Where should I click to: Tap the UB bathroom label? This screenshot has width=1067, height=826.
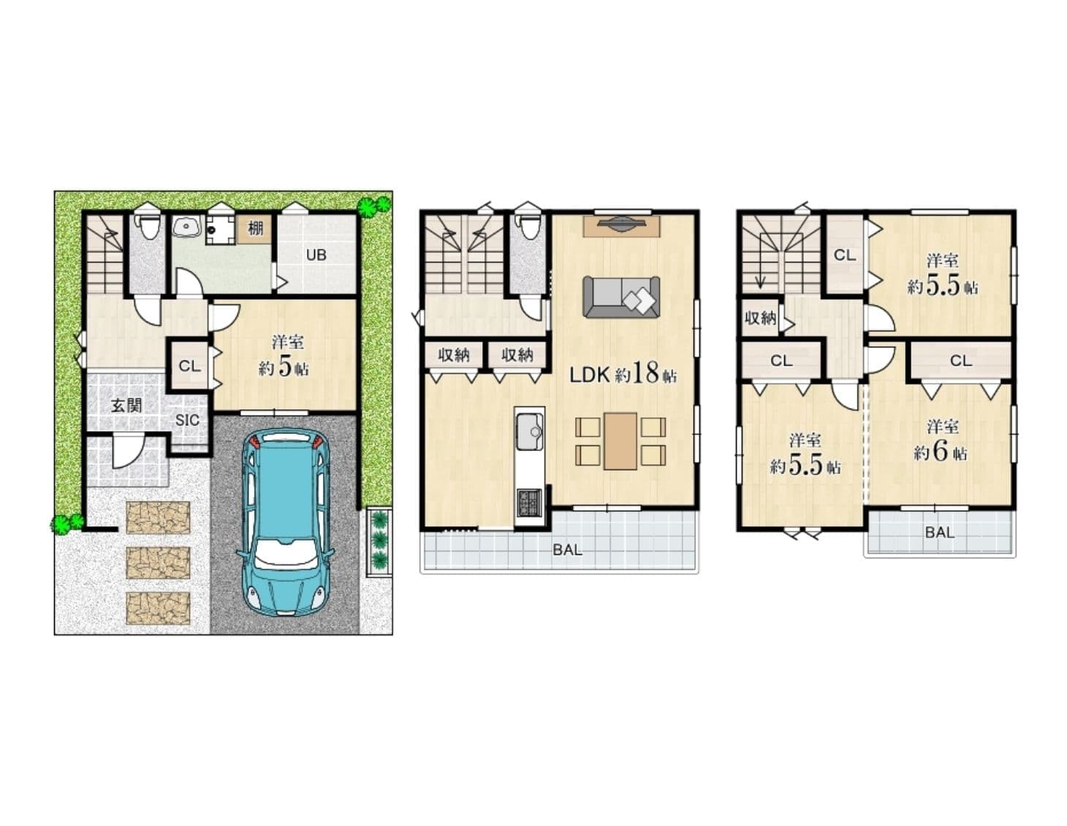316,255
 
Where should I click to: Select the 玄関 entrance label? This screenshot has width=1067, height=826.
126,405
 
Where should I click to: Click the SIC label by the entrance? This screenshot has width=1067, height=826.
188,420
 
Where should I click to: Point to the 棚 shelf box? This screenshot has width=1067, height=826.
255,229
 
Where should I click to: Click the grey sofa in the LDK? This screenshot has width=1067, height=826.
620,297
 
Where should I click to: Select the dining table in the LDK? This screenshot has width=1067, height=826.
620,441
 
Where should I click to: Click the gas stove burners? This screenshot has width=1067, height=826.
529,502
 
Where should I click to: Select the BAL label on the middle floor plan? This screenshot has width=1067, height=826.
567,550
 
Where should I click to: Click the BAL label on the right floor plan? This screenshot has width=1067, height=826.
939,532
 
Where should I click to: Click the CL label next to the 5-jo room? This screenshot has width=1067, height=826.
189,366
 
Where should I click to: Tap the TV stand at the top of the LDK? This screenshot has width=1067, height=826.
621,225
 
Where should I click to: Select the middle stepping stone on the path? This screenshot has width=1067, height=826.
158,563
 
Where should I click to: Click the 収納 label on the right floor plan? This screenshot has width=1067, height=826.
760,319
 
